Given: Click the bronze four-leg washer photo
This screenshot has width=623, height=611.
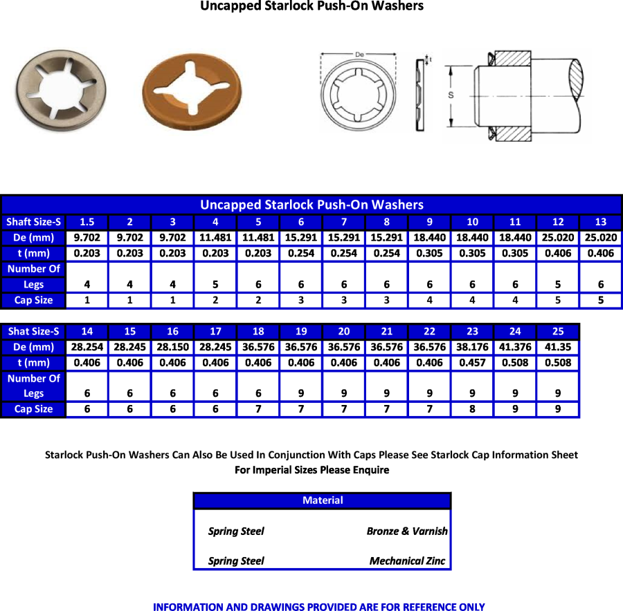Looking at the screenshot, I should [195, 90].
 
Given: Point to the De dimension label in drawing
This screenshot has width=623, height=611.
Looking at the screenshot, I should [359, 53].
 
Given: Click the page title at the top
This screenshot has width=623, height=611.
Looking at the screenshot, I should [311, 6].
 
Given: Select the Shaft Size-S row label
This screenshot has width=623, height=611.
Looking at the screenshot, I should [33, 222].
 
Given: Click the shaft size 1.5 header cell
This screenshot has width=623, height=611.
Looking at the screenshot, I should [87, 222].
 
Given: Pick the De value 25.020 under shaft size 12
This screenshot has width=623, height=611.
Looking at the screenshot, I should [558, 237].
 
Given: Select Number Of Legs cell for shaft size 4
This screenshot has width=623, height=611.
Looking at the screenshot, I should [215, 284].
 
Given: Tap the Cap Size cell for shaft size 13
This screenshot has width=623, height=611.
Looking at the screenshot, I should [601, 300].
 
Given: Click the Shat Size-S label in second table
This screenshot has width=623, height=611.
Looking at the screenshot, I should [33, 331].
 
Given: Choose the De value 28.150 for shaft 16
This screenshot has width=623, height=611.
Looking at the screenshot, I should [172, 347].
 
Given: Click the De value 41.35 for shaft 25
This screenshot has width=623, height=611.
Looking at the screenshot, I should [557, 347].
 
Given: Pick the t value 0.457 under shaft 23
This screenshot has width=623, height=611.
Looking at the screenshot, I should [471, 363].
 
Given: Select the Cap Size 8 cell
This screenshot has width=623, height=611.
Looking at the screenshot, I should [471, 409].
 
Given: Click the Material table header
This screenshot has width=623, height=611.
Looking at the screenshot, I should [322, 500].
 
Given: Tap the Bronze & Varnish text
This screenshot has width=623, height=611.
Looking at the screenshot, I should [406, 532].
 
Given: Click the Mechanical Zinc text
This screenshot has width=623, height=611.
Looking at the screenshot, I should [407, 561].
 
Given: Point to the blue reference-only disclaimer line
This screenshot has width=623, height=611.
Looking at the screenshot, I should [318, 606].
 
